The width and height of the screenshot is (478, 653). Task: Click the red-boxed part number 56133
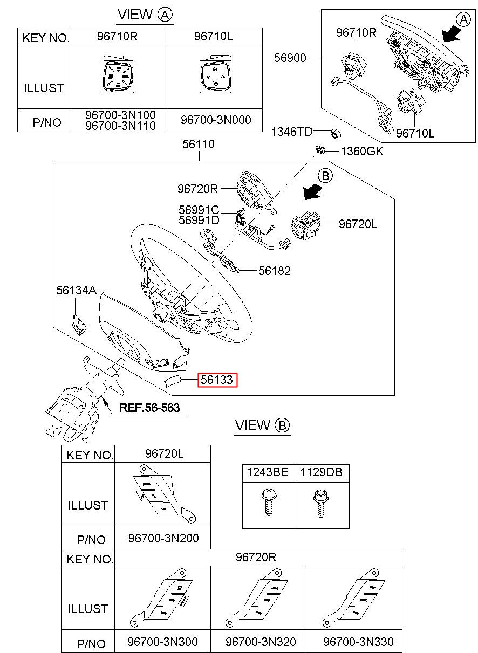pos(217,380)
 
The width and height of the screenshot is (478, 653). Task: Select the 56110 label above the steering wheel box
pos(198,145)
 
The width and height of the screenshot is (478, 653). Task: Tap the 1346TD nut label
pos(291,131)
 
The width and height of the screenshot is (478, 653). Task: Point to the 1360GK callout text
pos(361,152)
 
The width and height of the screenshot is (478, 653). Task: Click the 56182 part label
pos(274,271)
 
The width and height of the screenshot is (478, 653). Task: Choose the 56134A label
pos(76,291)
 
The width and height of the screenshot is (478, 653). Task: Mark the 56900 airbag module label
pos(290,58)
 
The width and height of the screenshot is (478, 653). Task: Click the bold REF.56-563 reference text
pos(149,408)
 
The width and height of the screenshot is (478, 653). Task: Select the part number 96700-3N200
pos(163,538)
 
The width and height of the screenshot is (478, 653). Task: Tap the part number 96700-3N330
pos(358,642)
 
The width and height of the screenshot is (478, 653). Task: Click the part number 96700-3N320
pos(261,642)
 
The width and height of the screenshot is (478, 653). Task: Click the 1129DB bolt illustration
pos(319,501)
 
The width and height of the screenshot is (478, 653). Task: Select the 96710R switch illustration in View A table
pos(117,76)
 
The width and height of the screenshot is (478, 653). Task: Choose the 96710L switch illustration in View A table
pos(214,76)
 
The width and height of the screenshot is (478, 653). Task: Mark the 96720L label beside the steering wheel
pos(358,224)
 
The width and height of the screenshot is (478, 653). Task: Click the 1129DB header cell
pos(321,473)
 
